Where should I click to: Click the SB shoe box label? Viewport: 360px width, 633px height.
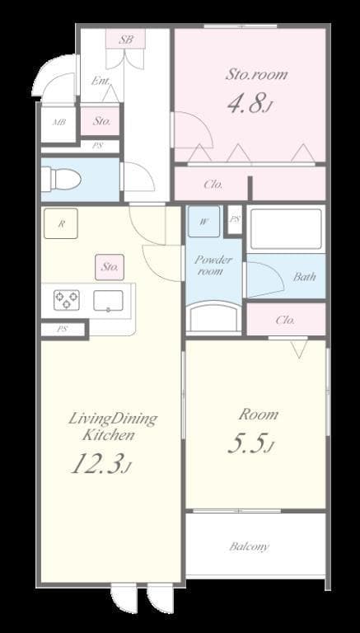tap(126, 39)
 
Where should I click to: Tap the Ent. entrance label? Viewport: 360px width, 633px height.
tap(100, 81)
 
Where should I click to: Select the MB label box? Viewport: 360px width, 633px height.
tap(59, 122)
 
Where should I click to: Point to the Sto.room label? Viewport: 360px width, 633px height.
tap(256, 74)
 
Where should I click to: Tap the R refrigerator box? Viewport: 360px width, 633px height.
tap(62, 223)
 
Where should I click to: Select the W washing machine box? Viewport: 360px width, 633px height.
tap(203, 221)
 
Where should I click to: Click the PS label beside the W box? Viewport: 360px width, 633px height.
tap(235, 219)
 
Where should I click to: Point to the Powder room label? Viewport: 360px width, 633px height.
tap(213, 265)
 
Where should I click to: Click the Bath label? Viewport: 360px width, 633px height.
tap(304, 277)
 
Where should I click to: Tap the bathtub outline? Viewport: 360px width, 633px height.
tap(285, 229)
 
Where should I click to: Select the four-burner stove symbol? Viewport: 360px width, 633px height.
tap(67, 300)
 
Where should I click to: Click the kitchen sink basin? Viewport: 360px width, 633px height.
tap(108, 300)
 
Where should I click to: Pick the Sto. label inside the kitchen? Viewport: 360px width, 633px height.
tap(110, 267)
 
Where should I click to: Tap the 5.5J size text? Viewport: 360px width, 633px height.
tap(250, 445)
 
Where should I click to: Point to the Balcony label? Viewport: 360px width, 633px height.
tap(249, 546)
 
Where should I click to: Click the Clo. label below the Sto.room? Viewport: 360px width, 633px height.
tap(213, 185)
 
